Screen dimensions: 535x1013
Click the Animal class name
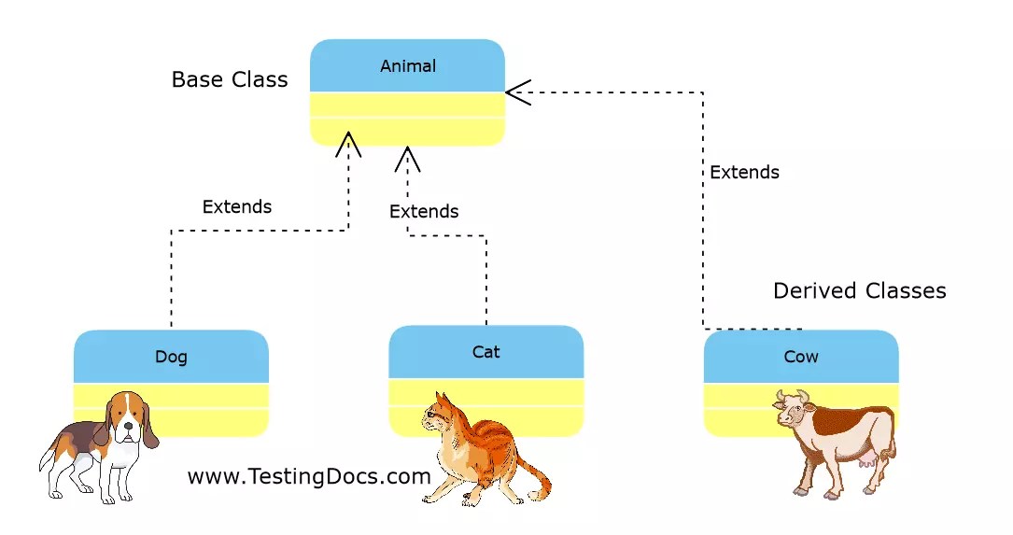click(x=408, y=66)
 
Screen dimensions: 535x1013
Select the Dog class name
click(x=171, y=357)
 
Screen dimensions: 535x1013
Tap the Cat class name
click(x=485, y=352)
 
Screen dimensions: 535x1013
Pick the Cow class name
click(x=800, y=357)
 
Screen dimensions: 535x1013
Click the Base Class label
click(x=230, y=79)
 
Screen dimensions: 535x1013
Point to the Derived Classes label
click(x=859, y=291)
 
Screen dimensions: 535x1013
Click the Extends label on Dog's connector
click(x=237, y=206)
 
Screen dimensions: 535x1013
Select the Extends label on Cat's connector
click(x=424, y=212)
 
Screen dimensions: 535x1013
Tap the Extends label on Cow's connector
click(x=744, y=173)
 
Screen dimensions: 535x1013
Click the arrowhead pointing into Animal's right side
click(x=516, y=92)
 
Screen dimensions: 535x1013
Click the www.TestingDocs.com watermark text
click(x=309, y=477)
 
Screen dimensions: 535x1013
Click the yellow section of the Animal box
click(x=408, y=119)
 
